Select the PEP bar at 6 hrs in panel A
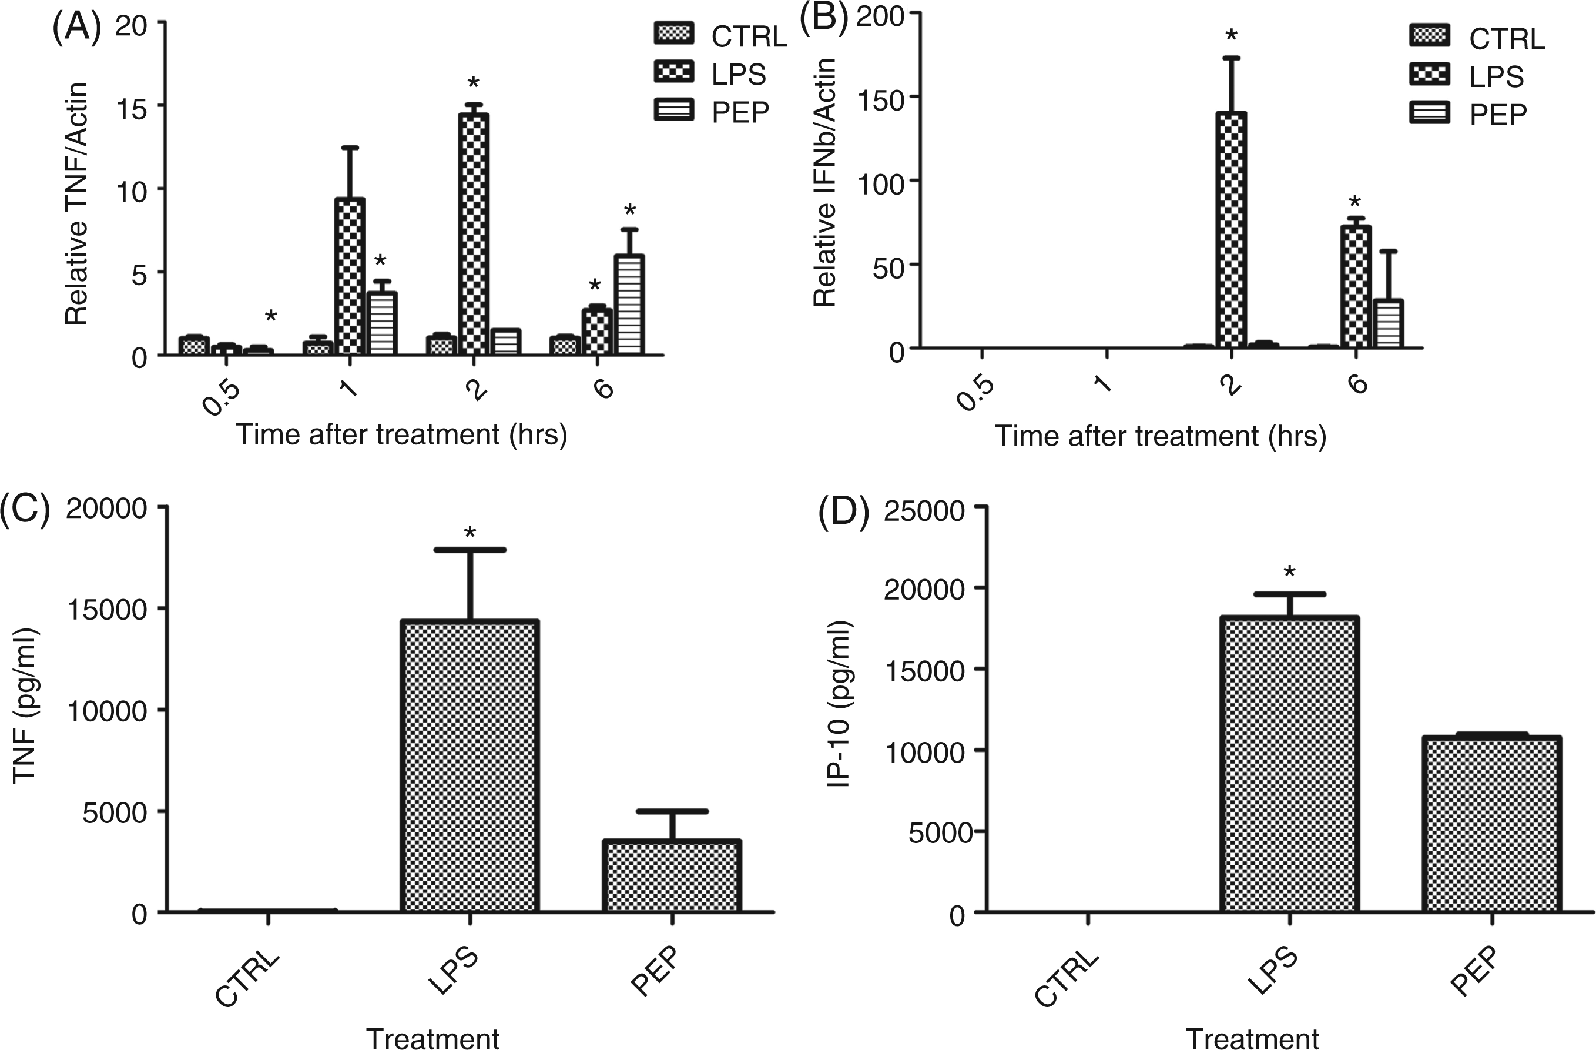(x=630, y=305)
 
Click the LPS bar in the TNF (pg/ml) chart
(x=470, y=765)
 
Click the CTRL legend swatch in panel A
(x=674, y=34)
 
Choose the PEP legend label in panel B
(x=1498, y=115)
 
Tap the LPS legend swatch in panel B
(x=1430, y=75)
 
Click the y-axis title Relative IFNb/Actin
(x=825, y=182)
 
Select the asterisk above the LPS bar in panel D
(x=1289, y=572)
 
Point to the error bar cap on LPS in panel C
(x=470, y=550)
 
